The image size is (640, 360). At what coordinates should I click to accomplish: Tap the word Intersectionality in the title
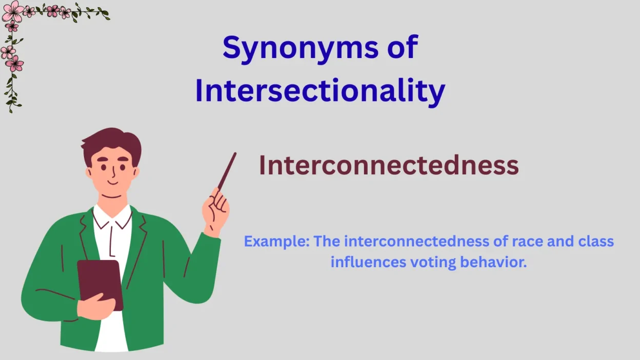pos(320,91)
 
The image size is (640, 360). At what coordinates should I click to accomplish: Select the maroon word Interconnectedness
pos(389,165)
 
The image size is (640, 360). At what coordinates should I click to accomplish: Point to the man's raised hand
pos(215,210)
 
